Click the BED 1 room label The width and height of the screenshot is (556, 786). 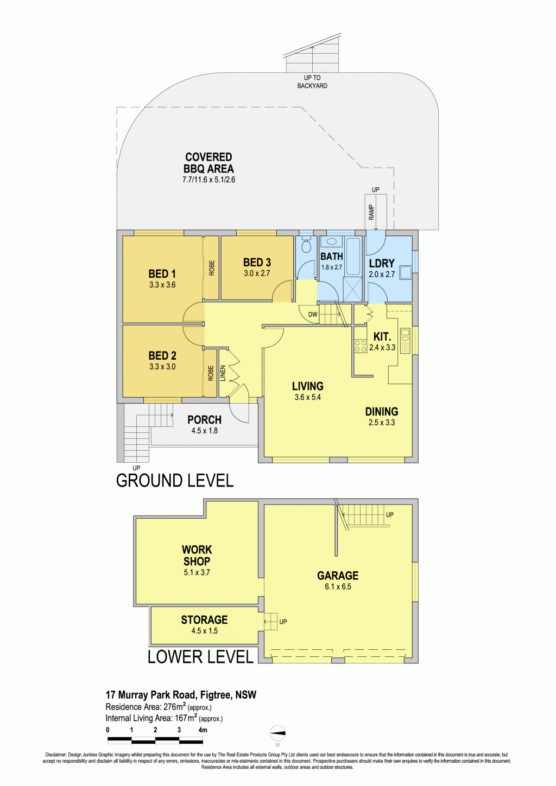click(162, 274)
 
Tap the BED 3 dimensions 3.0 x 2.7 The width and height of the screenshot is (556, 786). click(257, 273)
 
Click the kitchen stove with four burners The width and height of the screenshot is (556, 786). click(361, 346)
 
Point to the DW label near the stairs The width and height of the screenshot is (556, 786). click(313, 315)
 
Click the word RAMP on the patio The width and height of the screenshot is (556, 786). click(371, 212)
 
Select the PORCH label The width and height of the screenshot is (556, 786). click(204, 420)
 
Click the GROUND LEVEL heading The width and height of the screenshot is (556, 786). click(174, 481)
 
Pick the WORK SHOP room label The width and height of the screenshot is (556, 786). click(197, 555)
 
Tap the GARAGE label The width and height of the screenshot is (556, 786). click(338, 575)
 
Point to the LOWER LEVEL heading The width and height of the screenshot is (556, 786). click(200, 656)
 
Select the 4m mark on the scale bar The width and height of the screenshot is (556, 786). click(203, 730)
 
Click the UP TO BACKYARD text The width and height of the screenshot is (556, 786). click(312, 81)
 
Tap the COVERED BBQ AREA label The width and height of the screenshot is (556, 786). click(208, 163)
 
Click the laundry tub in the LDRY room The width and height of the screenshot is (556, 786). click(406, 272)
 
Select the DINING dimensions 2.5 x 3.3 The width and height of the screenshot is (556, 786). click(382, 423)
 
